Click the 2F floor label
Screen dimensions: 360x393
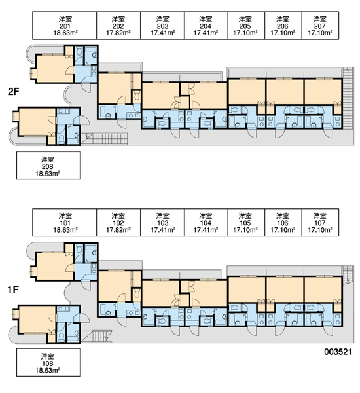[x=13, y=92]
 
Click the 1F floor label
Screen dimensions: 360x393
[x=13, y=290]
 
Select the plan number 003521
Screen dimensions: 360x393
[x=338, y=352]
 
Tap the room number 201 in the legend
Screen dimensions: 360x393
[x=65, y=26]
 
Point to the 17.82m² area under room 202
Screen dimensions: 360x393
[x=118, y=33]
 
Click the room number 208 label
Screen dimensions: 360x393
[x=47, y=166]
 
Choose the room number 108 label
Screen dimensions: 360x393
[x=47, y=364]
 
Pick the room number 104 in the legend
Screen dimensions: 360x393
[x=206, y=223]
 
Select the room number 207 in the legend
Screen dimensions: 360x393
[x=320, y=26]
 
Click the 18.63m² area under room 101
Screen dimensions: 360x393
[x=65, y=230]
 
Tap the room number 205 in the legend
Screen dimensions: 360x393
[x=245, y=26]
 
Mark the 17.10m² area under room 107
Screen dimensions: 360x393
[x=320, y=230]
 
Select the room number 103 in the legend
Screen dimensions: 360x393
[x=163, y=223]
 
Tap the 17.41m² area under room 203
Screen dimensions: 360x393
[x=163, y=33]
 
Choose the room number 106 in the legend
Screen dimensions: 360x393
[x=283, y=223]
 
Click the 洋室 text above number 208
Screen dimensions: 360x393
[x=47, y=160]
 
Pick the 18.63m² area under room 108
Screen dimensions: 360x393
[x=47, y=370]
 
